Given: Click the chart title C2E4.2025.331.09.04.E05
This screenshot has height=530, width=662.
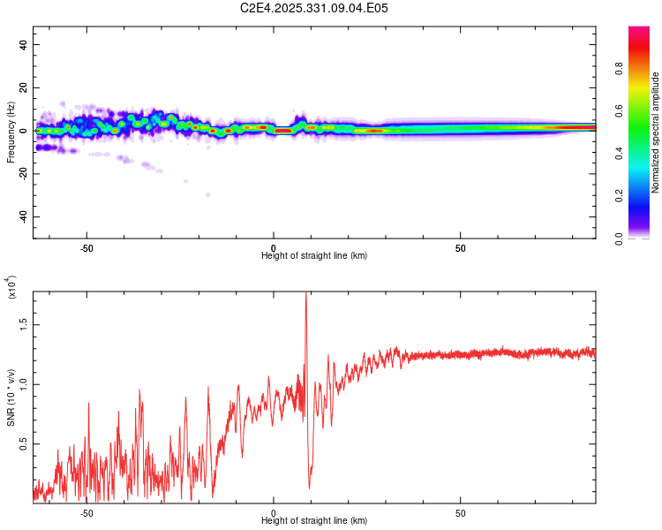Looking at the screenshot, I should point(314,8).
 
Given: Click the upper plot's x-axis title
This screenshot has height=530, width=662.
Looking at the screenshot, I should point(314,255).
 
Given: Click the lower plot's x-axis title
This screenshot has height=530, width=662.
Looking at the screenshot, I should point(314,520).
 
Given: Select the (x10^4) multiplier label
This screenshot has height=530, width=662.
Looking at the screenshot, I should point(11,289).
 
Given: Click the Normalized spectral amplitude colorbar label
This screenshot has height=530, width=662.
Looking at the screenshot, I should point(655,132).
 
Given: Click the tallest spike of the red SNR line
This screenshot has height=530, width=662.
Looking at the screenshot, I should point(305,294).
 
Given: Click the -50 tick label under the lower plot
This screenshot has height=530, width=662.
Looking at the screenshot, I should point(87,512).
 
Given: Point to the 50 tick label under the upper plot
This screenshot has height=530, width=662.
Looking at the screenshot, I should point(461,247).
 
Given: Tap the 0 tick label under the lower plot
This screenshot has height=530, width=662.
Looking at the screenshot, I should point(274,512).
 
